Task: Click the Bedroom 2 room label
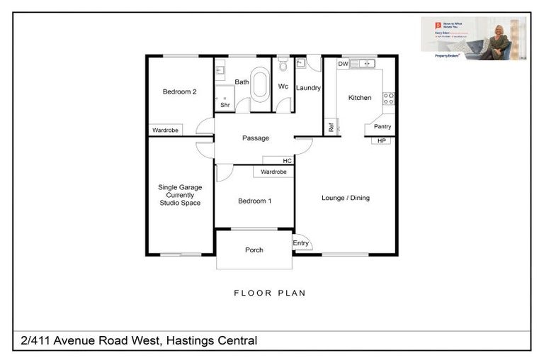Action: coord(179,91)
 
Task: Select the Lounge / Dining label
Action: coord(346,198)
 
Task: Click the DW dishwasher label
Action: coord(342,65)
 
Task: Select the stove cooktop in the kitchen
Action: coord(388,99)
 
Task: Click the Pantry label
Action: coord(382,127)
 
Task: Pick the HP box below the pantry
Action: coord(382,140)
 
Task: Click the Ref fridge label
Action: coord(331,128)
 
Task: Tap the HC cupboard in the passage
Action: coord(288,161)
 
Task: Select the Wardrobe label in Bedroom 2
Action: coord(166,130)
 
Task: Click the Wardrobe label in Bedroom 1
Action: coord(273,172)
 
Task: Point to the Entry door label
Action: coord(301,243)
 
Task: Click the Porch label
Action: coord(254,250)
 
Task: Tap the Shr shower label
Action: coord(225,105)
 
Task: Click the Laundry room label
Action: coord(309,88)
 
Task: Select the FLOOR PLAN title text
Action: coord(271,293)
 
